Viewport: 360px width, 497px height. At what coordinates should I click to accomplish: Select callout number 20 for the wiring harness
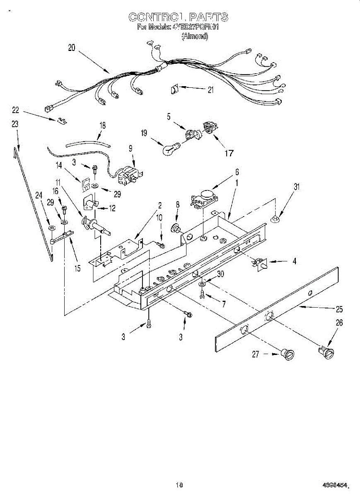click(72, 48)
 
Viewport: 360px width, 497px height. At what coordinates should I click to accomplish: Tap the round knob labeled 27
click(287, 354)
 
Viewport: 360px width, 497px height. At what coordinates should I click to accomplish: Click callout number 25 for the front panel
click(339, 309)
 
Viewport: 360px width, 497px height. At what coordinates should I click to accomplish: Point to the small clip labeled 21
click(174, 88)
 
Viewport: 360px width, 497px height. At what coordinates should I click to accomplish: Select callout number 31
click(296, 187)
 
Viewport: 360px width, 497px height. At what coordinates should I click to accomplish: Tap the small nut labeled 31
click(275, 218)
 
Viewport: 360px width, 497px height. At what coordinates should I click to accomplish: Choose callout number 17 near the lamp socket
click(229, 153)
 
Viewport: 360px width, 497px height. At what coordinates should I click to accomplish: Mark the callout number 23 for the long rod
click(15, 123)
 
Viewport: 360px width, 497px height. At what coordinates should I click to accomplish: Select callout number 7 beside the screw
click(224, 304)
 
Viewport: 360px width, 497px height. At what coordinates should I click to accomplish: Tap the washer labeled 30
click(201, 285)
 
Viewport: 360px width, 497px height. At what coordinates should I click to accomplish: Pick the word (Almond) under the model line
click(195, 36)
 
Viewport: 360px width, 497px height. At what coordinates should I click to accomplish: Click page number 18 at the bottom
click(179, 485)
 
